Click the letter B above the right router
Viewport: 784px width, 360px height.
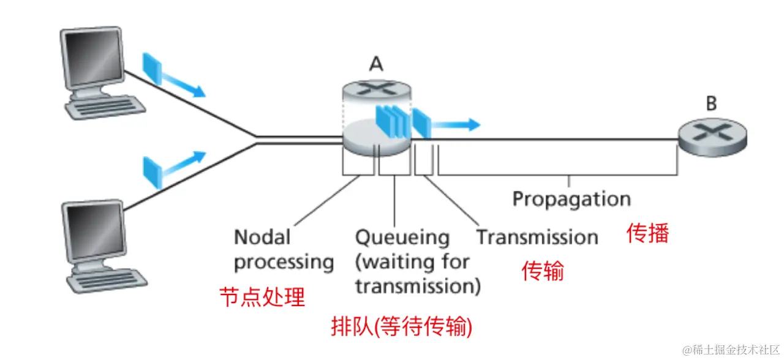pos(710,103)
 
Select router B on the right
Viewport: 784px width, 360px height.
pos(712,137)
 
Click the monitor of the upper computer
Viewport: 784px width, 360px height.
pos(91,59)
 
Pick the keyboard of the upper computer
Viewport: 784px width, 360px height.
pos(107,109)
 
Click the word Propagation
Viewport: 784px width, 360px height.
pos(571,200)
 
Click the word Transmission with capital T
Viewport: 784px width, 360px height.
pos(537,238)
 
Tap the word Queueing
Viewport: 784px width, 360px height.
pos(402,238)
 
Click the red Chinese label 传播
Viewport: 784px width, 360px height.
pos(647,233)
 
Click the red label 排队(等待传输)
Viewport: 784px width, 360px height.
pos(401,328)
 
